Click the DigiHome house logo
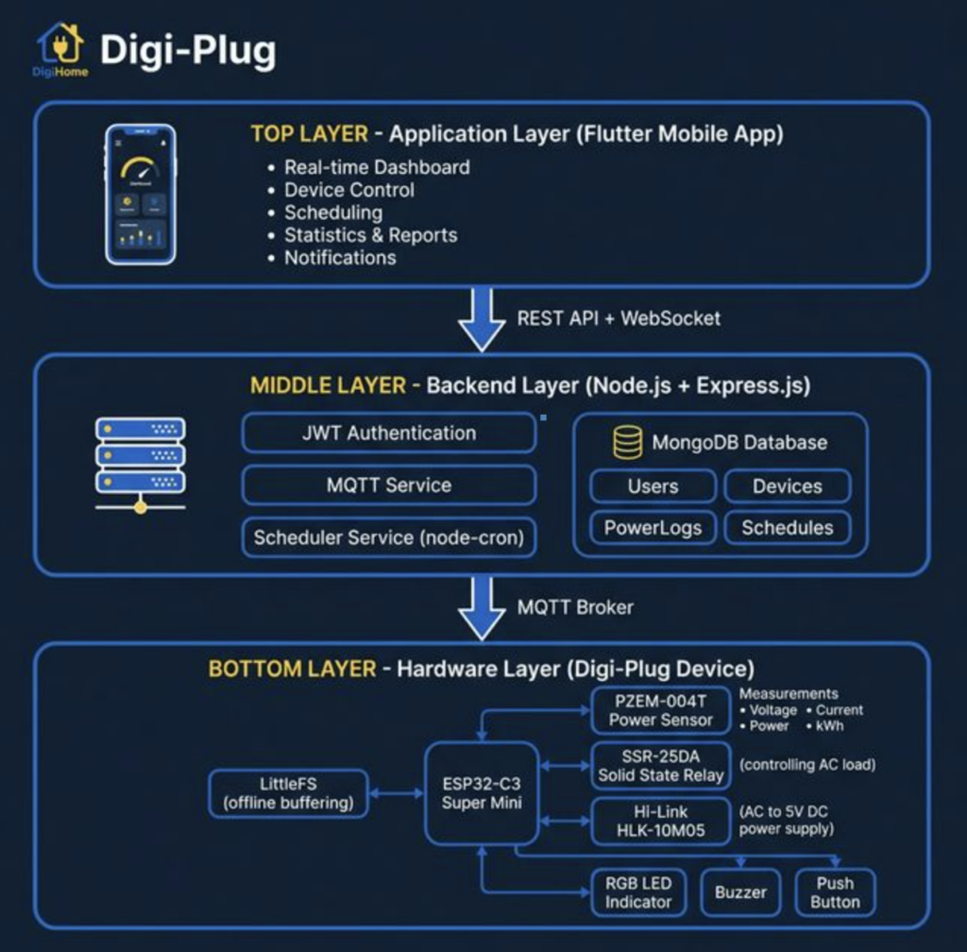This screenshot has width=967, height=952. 60,43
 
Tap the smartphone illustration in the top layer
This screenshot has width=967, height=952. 141,194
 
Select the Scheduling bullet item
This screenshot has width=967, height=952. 333,212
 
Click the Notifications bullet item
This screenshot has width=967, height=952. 340,258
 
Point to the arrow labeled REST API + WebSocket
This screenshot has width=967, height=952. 482,319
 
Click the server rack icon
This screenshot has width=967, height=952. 141,463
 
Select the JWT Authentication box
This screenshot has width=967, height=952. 388,433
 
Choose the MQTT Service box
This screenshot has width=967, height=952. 388,485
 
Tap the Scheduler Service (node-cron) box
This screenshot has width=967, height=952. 388,537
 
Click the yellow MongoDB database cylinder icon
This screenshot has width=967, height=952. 628,442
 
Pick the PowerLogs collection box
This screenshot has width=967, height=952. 653,528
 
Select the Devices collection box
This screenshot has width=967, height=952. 787,486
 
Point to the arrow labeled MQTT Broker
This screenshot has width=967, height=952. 482,607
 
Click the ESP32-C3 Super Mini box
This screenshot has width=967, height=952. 482,793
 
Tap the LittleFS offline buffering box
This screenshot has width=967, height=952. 288,793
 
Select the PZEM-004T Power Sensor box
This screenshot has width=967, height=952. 660,710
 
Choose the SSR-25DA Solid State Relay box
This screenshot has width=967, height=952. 660,765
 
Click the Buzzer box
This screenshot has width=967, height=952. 740,892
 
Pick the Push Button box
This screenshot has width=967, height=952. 835,892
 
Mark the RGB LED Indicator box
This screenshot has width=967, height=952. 637,892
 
